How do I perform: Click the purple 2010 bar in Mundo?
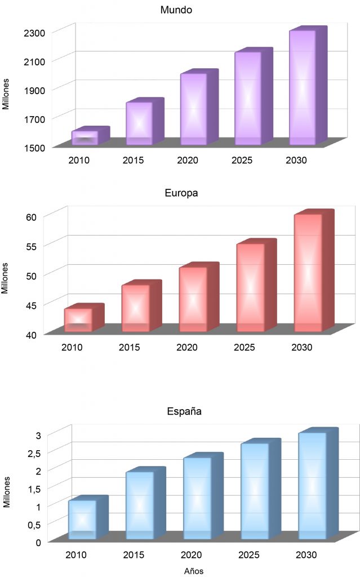(85, 138)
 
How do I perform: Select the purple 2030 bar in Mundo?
(303, 87)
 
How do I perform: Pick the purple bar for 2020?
(194, 109)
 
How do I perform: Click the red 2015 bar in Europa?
(136, 308)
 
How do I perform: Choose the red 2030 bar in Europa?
(308, 273)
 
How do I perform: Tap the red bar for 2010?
(78, 319)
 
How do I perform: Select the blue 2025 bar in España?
(255, 491)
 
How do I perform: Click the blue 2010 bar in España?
(82, 519)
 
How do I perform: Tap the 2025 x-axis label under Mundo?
(242, 161)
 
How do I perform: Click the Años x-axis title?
(194, 571)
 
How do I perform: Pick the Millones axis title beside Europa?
(6, 277)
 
